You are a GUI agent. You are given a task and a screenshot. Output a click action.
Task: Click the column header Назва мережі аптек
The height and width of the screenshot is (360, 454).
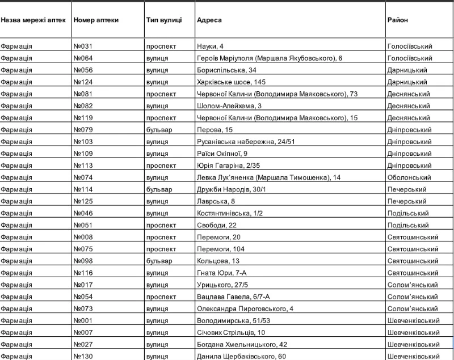point(33,20)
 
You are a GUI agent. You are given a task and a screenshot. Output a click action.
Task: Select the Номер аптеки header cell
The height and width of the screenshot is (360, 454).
point(96,20)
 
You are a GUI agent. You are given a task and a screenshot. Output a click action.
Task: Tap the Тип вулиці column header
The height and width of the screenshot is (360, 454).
point(163,20)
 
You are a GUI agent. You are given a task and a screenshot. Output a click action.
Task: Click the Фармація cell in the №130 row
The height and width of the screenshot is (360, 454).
point(16,356)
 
